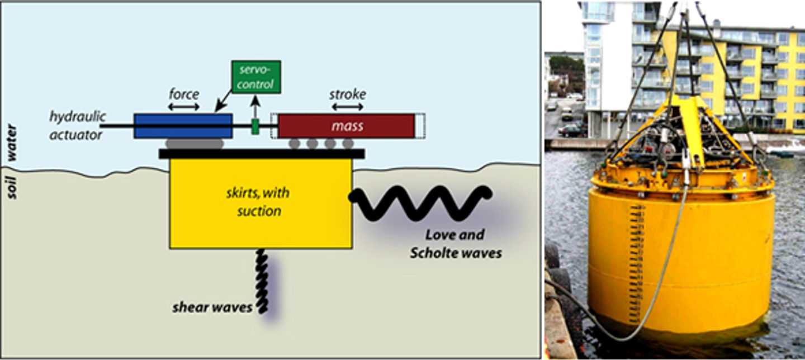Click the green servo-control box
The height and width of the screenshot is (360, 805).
click(255, 77)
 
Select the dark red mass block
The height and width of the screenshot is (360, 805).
click(347, 126)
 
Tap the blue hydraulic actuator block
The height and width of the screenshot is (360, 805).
click(183, 126)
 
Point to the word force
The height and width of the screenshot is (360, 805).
click(184, 93)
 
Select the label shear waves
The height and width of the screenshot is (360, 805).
click(212, 307)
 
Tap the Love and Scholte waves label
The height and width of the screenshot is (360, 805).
click(455, 244)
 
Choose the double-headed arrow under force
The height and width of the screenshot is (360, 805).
click(184, 106)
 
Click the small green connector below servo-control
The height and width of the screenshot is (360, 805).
click(255, 126)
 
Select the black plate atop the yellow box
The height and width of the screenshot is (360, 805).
click(262, 154)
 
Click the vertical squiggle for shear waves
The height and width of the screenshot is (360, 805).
click(262, 280)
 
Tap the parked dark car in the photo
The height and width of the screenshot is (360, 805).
click(572, 130)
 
